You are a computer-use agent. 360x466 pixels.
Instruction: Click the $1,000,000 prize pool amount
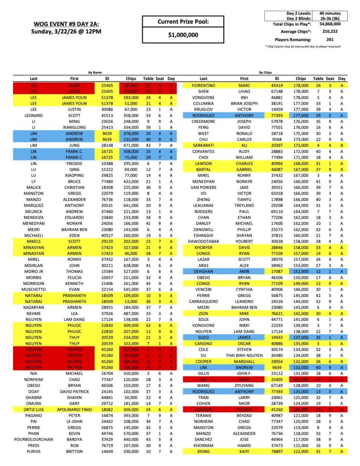(183, 35)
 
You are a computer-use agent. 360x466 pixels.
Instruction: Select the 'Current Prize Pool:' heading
(183, 21)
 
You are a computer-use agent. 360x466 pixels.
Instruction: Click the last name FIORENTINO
(203, 85)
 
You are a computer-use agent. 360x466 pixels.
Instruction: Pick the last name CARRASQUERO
(203, 302)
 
